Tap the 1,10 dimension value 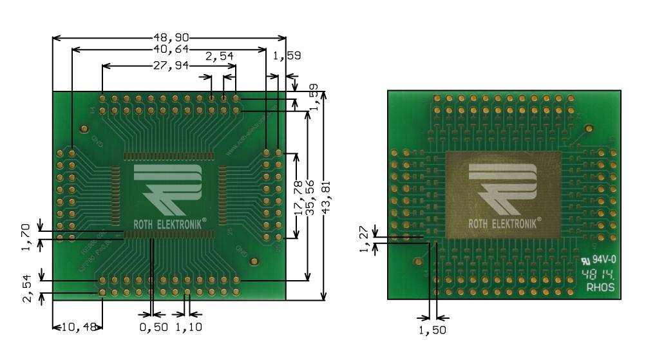[188, 327]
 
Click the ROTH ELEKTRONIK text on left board [169, 223]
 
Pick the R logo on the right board [502, 188]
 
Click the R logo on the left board [167, 188]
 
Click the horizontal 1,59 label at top [287, 56]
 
